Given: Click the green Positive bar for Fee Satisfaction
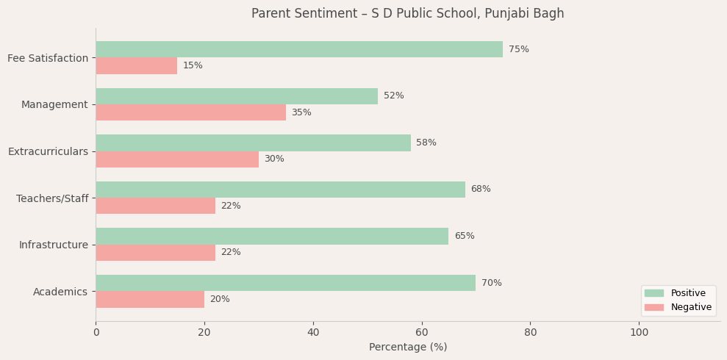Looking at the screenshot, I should (299, 49).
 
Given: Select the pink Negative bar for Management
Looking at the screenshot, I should (190, 112).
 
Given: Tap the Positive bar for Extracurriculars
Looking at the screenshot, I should (253, 143).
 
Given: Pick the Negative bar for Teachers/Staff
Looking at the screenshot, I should (155, 206).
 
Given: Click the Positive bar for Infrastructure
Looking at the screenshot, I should (272, 236).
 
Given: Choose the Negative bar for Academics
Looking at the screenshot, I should (150, 299).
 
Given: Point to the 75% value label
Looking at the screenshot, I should (518, 49).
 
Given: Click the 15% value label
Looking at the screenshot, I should (193, 65).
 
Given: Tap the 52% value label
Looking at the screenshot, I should (393, 96).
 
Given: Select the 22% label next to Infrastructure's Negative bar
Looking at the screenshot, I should (230, 253).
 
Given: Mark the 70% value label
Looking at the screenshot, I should (491, 283).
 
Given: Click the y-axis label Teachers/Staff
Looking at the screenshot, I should (52, 198).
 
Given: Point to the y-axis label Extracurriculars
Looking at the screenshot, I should (48, 151).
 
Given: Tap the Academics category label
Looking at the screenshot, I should (60, 292).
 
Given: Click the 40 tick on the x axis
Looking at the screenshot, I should (313, 332).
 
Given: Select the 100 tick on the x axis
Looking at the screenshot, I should (639, 332).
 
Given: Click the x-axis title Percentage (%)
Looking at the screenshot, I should (407, 348).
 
